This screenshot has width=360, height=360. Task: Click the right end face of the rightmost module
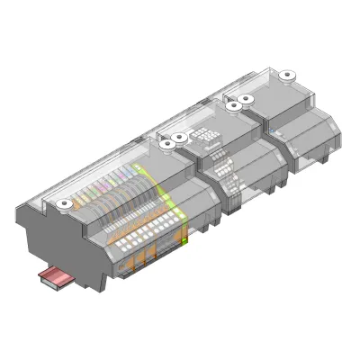point(338,135)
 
